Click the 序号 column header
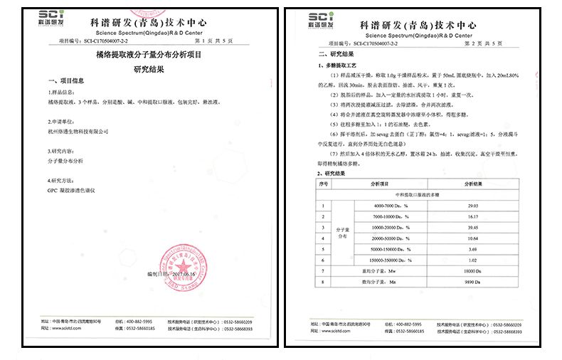point(324,184)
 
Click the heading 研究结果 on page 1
point(148,69)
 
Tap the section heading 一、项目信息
point(65,80)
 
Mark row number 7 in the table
point(324,270)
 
